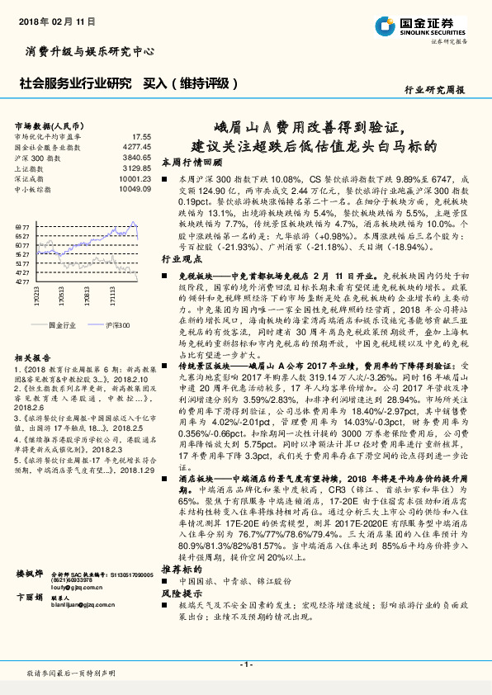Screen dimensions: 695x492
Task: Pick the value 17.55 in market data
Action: point(142,135)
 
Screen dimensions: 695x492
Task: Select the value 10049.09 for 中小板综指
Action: point(135,186)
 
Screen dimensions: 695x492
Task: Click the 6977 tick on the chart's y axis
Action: point(23,225)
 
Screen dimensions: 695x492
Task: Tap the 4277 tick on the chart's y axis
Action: point(23,281)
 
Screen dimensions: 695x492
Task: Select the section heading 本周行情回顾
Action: point(188,162)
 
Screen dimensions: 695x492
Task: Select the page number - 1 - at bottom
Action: point(245,664)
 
